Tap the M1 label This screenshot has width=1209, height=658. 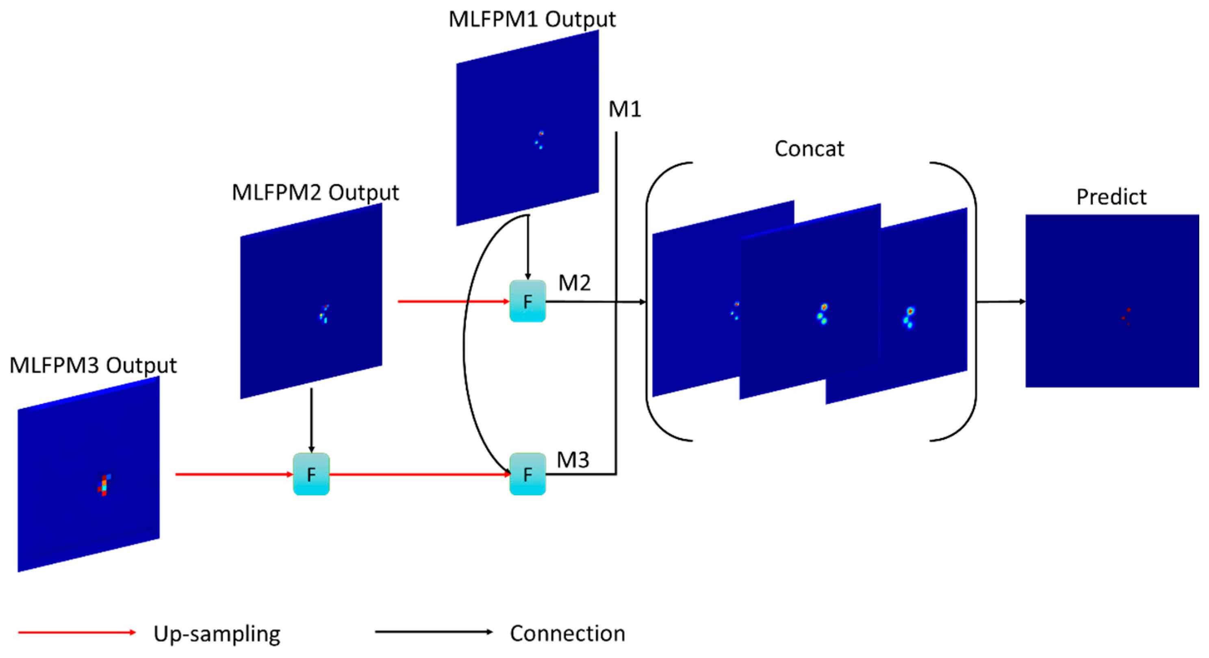pos(624,109)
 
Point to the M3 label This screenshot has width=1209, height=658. pos(573,460)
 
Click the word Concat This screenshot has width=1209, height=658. pos(809,149)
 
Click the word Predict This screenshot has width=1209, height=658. pos(1111,197)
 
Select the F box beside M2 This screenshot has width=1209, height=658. pos(527,301)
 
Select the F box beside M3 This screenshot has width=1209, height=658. pos(527,474)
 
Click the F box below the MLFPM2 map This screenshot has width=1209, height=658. pos(311,474)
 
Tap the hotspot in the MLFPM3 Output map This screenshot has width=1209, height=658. pos(104,485)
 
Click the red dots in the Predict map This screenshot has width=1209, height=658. pos(1127,315)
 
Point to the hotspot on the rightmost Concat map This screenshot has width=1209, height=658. pos(909,317)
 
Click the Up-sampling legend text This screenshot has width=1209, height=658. pos(217,634)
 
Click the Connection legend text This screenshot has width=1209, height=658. pos(567,634)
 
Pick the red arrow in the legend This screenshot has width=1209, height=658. pos(76,633)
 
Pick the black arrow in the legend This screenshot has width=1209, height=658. pos(433,632)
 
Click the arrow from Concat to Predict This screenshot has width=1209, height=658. pos(1000,302)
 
